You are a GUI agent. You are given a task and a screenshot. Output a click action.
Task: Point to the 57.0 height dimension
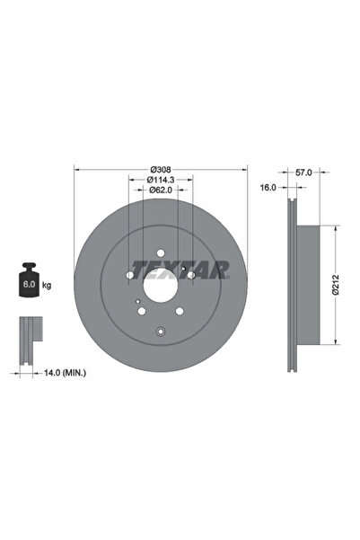303,171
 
